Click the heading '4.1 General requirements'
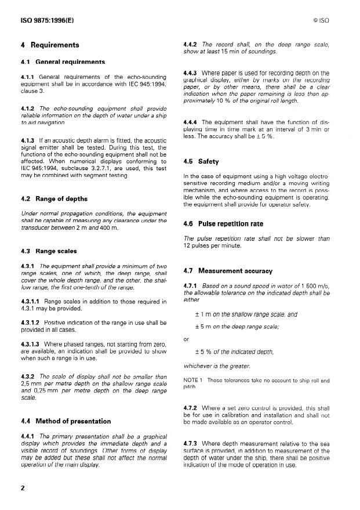coord(63,61)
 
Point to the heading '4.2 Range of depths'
coord(54,198)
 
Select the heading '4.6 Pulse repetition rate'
coord(223,223)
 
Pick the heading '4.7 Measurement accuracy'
coord(227,270)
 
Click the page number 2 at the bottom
coord(23,487)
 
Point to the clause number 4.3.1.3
coord(30,343)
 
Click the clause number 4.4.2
coord(191,45)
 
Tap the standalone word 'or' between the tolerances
coord(186,339)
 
